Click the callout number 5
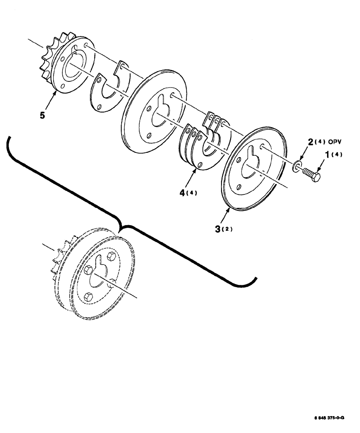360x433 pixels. coord(42,116)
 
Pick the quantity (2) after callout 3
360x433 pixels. coord(228,229)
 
